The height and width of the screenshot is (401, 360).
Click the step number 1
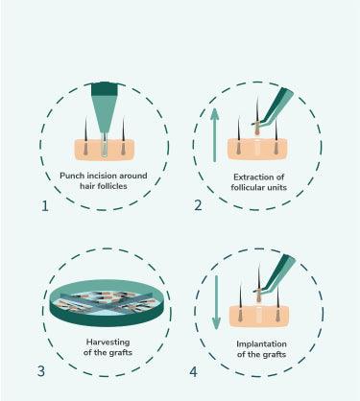pyautogui.click(x=45, y=206)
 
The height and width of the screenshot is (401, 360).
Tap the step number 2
pyautogui.click(x=198, y=205)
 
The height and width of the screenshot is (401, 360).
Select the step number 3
pyautogui.click(x=41, y=371)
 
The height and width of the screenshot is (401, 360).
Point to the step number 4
pyautogui.click(x=193, y=372)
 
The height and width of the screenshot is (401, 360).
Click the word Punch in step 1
pyautogui.click(x=72, y=176)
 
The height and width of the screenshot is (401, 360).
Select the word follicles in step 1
pyautogui.click(x=112, y=186)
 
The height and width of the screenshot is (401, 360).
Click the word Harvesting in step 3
pyautogui.click(x=108, y=342)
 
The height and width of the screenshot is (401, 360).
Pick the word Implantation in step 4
pyautogui.click(x=261, y=344)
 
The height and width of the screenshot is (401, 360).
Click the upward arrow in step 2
pyautogui.click(x=214, y=134)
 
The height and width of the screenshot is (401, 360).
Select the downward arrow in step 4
pyautogui.click(x=216, y=302)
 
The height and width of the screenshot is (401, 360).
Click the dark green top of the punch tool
pyautogui.click(x=105, y=89)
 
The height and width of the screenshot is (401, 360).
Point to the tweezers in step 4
pyautogui.click(x=275, y=273)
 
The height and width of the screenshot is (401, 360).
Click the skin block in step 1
pyautogui.click(x=105, y=150)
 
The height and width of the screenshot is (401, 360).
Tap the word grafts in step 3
pyautogui.click(x=121, y=352)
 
